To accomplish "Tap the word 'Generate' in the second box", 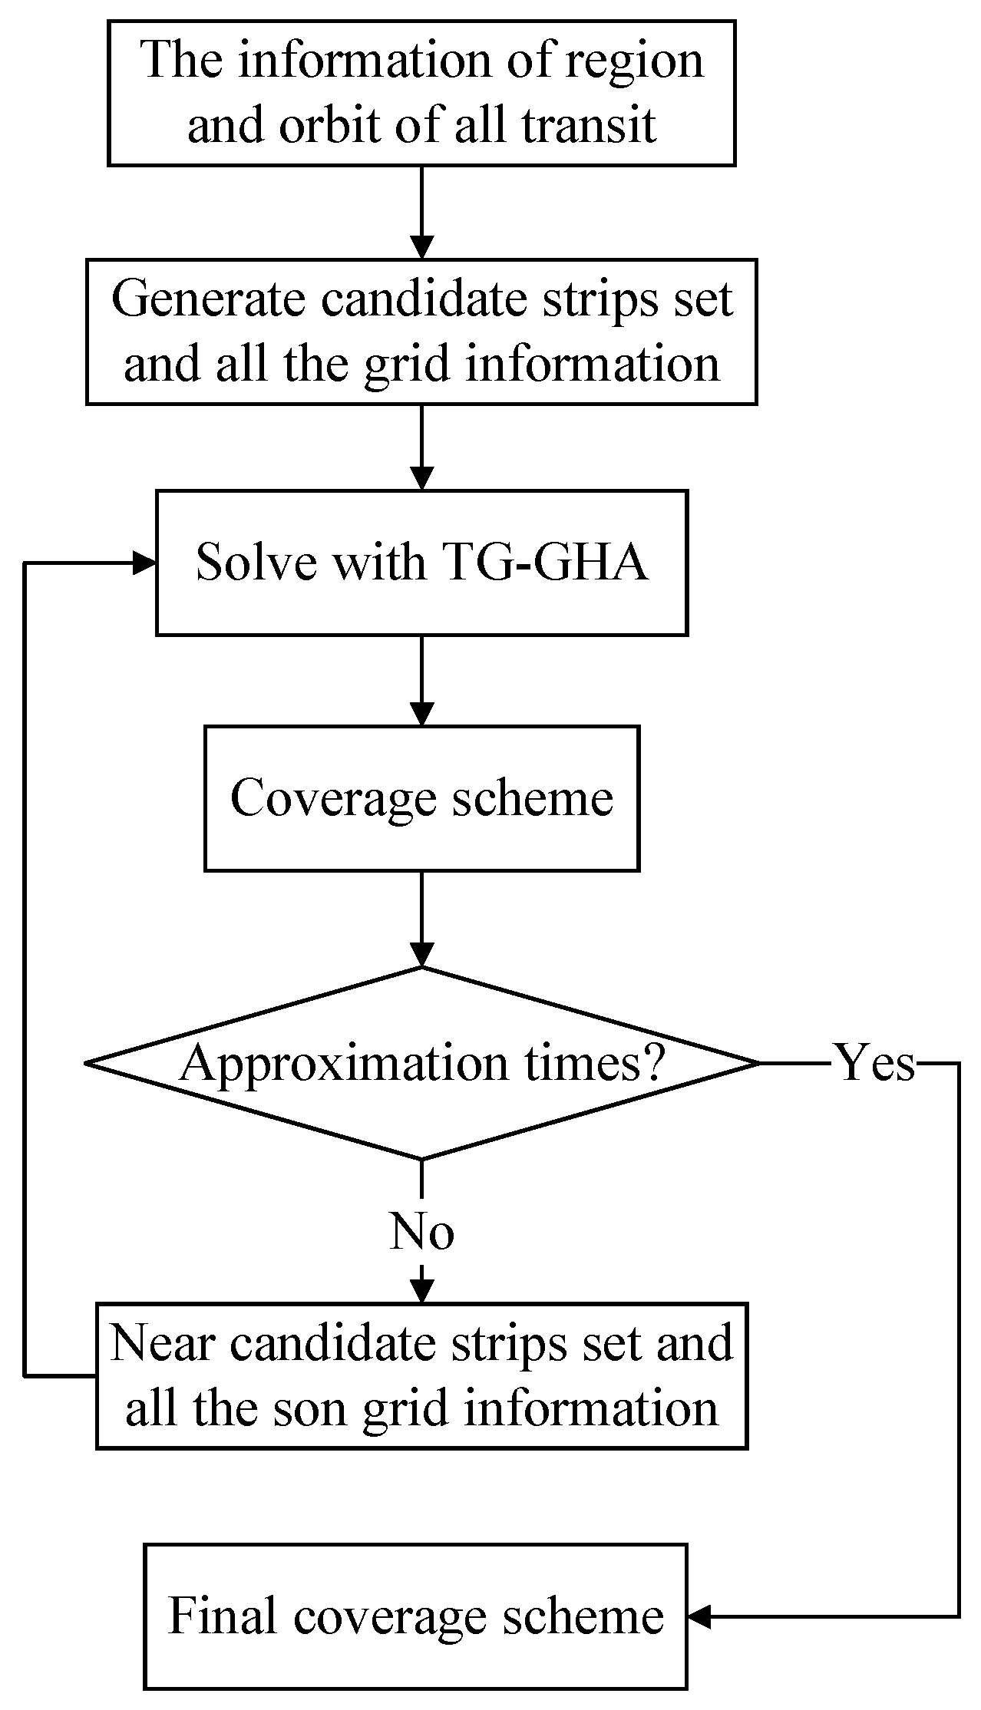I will pos(208,299).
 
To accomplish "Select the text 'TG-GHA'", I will pos(546,563).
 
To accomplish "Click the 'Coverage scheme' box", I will pos(421,798).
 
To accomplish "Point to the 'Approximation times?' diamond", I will pos(421,1063).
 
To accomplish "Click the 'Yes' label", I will pos(875,1064).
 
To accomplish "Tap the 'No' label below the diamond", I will pos(421,1231).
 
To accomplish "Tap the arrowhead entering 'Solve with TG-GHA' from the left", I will pos(146,563).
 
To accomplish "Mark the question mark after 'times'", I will pos(652,1063).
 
